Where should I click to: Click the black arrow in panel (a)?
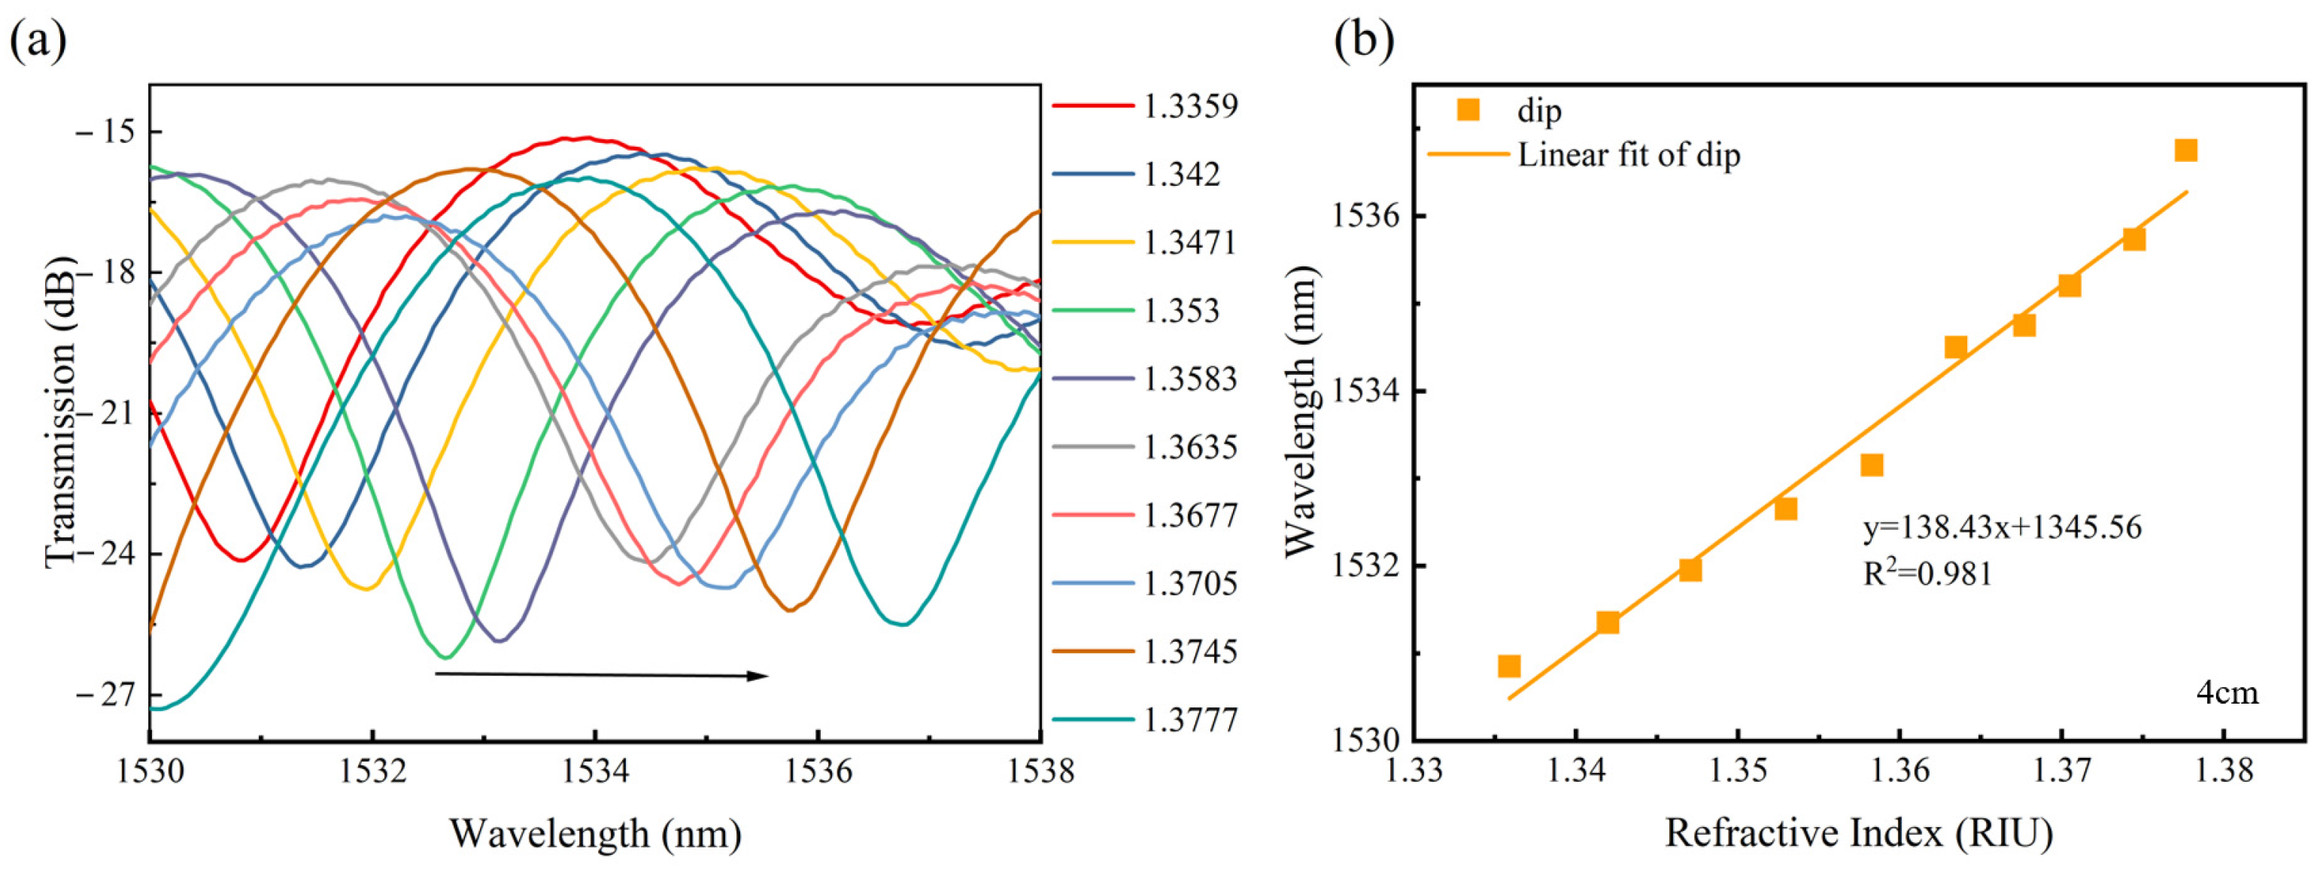[x=602, y=674]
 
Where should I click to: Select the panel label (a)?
[x=38, y=41]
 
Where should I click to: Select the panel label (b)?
[x=1364, y=41]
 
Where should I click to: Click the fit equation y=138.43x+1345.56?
[x=2002, y=527]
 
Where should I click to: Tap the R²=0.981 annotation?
[x=1927, y=573]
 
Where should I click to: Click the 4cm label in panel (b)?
[x=2227, y=692]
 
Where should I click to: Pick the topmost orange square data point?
[x=2185, y=150]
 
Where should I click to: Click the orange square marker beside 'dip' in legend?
[x=1468, y=110]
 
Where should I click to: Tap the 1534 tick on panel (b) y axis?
[x=1362, y=391]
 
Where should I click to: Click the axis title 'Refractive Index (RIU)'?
[x=1859, y=833]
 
